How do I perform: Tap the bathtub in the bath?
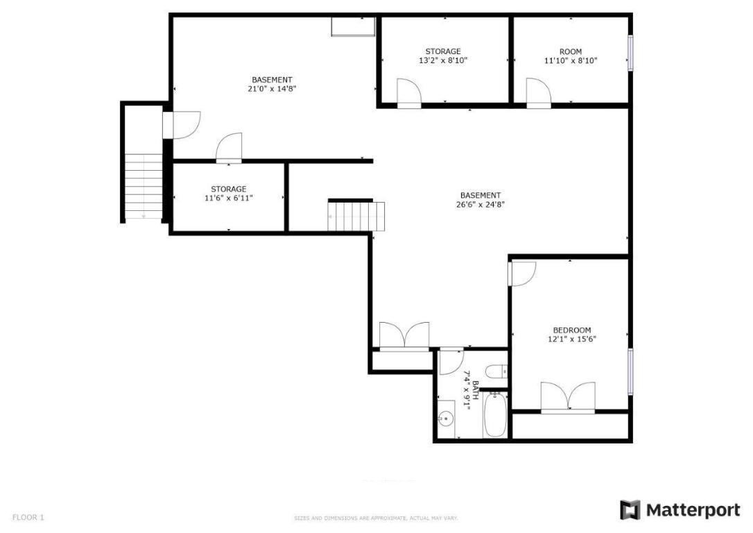495,415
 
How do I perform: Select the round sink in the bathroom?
447,418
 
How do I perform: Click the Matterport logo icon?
630,510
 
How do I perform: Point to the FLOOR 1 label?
28,517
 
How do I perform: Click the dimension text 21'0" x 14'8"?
272,89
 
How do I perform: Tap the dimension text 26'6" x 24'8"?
480,205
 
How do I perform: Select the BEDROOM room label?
571,330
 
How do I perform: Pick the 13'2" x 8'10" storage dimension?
442,60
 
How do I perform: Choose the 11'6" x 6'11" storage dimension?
228,198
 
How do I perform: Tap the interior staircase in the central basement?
356,216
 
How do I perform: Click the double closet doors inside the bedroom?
568,398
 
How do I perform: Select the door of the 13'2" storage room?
408,92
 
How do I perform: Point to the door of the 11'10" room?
538,92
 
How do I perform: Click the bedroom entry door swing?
521,273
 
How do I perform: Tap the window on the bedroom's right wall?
630,371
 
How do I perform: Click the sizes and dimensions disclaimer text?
376,518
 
